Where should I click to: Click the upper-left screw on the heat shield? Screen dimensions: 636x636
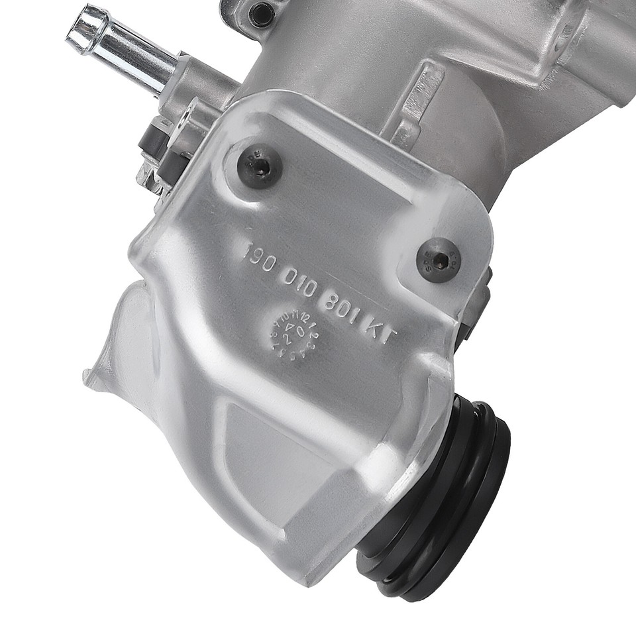[259, 166]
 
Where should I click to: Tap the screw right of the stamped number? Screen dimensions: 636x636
[438, 259]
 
